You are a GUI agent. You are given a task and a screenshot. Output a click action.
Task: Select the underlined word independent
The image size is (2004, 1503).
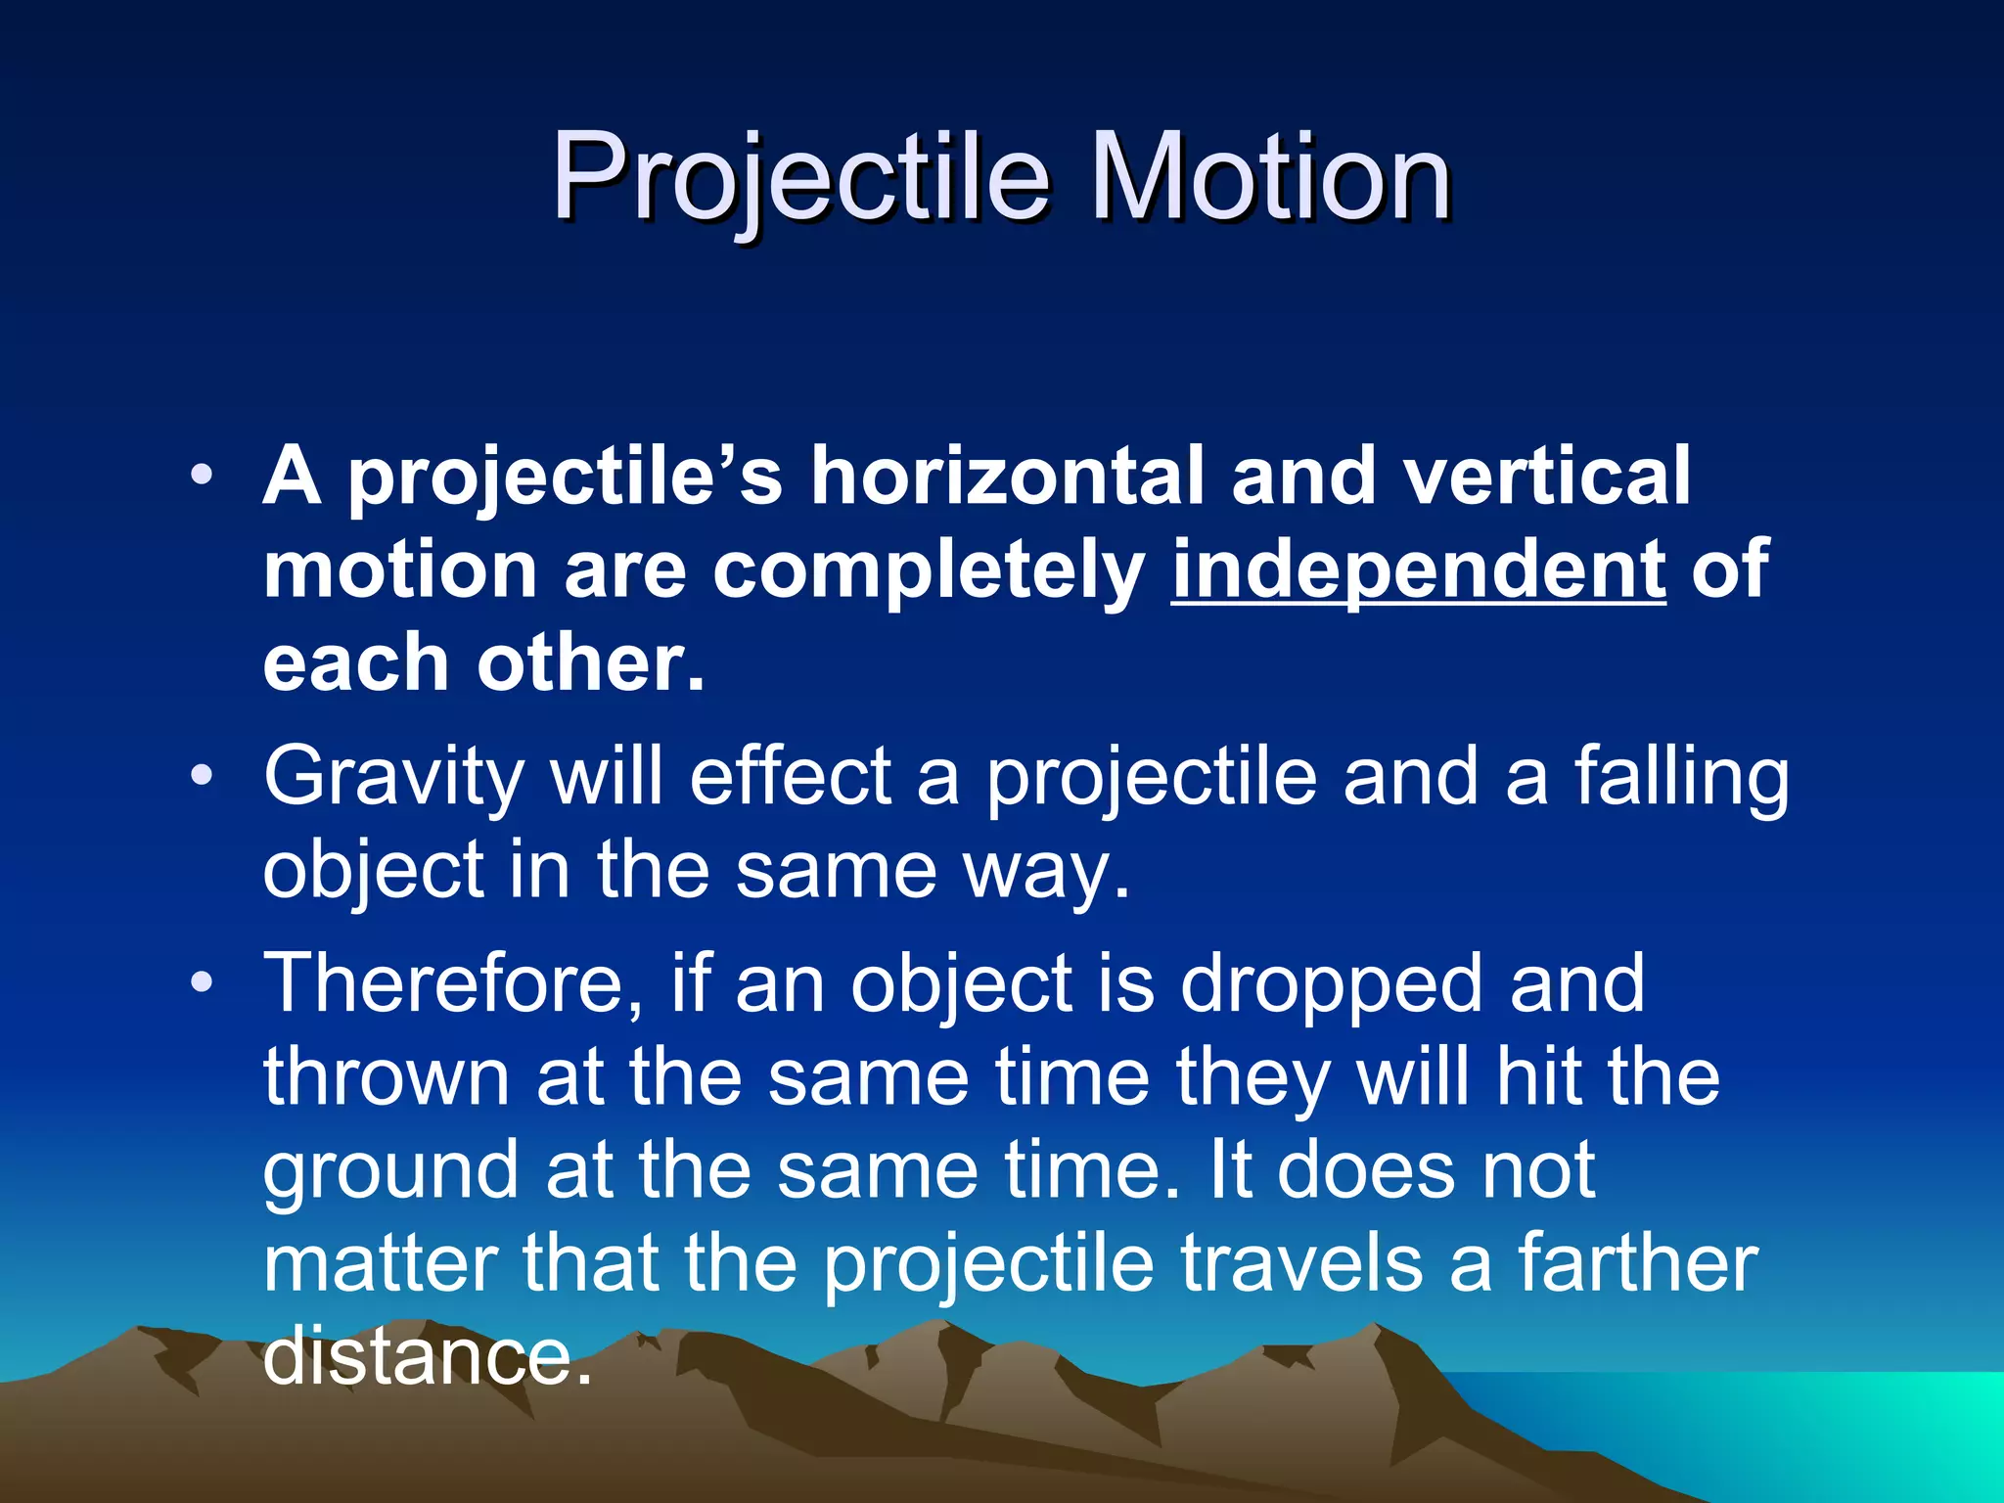click(x=1418, y=570)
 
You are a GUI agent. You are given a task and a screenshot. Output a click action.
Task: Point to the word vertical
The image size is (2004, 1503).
click(x=1545, y=476)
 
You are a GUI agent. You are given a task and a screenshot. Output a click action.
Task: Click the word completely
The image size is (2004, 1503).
click(x=929, y=570)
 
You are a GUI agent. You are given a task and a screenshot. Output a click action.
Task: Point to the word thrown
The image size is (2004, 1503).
click(x=386, y=1077)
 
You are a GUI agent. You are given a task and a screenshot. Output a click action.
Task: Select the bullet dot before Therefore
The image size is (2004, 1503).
click(x=202, y=982)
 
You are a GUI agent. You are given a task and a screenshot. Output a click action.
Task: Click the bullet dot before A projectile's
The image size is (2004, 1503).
click(x=202, y=477)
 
